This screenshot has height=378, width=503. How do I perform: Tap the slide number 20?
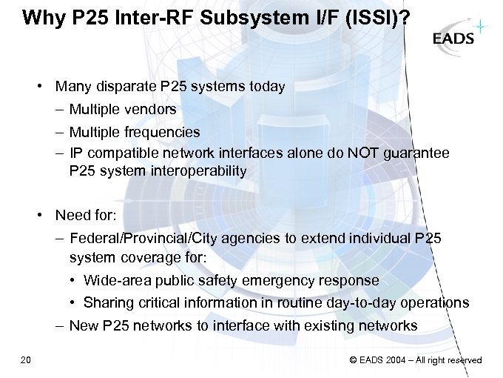(x=26, y=360)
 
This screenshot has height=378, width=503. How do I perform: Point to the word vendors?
(x=152, y=110)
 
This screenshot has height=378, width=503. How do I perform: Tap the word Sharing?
(x=108, y=302)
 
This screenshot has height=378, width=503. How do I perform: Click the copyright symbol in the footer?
(x=353, y=360)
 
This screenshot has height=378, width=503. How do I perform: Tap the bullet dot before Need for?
(x=44, y=216)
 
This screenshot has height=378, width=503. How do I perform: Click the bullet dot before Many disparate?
(x=44, y=87)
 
